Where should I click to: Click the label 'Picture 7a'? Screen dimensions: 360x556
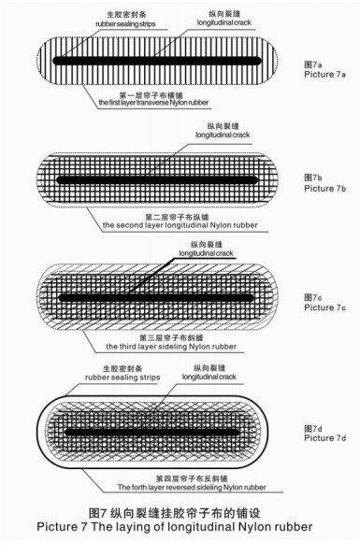coord(324,75)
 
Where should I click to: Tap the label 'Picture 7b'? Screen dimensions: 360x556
coord(324,188)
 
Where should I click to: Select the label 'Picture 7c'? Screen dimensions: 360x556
coord(324,307)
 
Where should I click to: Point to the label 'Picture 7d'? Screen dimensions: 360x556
coord(324,438)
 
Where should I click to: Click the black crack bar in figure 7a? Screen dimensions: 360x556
coord(157,61)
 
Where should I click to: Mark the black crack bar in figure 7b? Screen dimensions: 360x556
coord(157,179)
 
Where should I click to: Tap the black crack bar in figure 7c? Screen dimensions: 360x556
coord(156,297)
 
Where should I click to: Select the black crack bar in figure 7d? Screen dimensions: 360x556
coord(152,433)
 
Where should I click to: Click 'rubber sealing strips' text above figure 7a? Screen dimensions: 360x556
coord(125,24)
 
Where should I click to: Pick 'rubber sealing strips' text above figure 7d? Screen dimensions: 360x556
coord(122,378)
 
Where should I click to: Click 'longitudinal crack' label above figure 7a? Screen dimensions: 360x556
coord(223,22)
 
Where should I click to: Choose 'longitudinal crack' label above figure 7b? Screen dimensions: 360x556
coord(223,135)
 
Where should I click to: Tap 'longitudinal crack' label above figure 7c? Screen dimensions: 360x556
coord(206,253)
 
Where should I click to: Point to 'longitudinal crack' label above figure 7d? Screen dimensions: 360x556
coord(209,377)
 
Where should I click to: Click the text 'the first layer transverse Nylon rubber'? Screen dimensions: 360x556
coord(153,103)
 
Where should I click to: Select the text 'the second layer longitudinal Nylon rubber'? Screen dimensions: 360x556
coord(180,225)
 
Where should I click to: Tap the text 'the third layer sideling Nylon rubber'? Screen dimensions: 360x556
coord(171,347)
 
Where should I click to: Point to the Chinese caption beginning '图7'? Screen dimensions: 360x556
coord(174,513)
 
